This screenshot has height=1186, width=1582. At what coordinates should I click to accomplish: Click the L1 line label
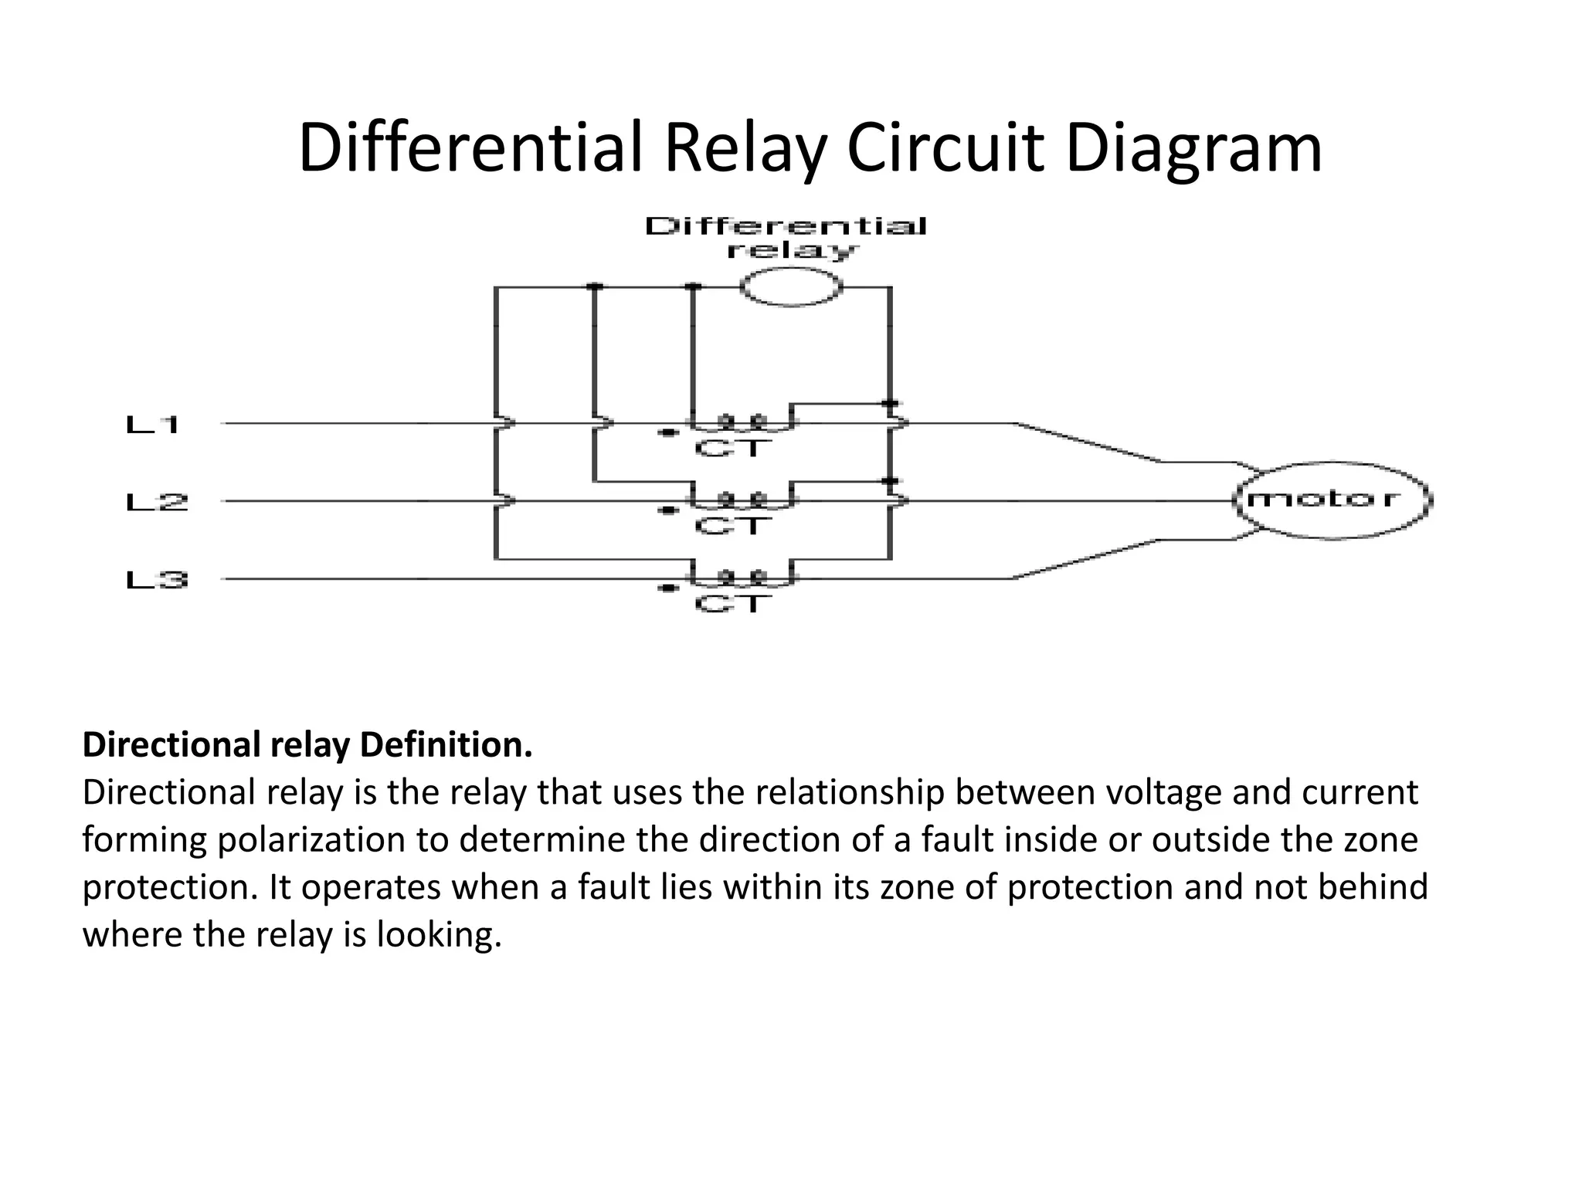point(153,424)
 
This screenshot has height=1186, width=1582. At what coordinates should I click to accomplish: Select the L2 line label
point(156,503)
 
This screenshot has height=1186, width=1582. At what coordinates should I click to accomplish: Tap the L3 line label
point(156,580)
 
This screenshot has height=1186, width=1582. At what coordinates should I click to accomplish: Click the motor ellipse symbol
point(1332,500)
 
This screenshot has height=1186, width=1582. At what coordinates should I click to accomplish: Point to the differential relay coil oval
point(790,288)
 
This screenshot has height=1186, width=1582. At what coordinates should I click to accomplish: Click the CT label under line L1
point(732,448)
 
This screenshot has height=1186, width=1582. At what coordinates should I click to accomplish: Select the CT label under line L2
point(732,526)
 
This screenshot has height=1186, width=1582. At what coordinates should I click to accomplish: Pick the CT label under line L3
point(732,603)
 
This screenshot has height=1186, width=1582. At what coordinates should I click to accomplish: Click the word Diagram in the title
point(1193,148)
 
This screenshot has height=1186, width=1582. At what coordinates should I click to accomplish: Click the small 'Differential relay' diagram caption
point(786,238)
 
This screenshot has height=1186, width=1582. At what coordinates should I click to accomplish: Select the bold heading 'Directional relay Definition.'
point(307,745)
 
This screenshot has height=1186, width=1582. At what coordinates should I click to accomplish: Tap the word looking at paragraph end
point(438,935)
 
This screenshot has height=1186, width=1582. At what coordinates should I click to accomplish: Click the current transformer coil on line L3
point(742,576)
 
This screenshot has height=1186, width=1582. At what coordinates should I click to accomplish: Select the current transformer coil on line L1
point(742,422)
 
